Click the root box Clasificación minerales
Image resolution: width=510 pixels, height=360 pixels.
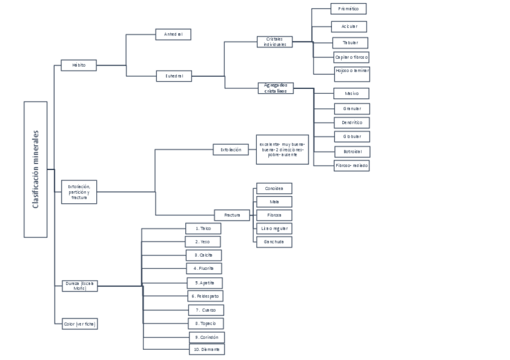pos(35,169)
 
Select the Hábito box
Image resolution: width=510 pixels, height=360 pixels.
pos(79,65)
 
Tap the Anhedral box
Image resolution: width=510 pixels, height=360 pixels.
pos(173,34)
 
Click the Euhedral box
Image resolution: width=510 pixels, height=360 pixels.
pos(174,76)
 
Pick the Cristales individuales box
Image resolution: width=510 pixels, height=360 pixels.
pos(275,41)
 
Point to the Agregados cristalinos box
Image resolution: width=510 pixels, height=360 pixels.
pos(275,88)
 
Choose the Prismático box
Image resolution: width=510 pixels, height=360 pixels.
pos(348,9)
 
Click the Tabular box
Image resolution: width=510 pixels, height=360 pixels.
pos(350,43)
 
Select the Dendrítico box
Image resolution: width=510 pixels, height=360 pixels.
pos(352,122)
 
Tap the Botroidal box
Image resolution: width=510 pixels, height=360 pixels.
pos(352,151)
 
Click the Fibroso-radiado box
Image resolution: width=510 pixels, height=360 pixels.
pos(352,165)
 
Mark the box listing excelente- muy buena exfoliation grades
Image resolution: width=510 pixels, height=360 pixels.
pos(282,149)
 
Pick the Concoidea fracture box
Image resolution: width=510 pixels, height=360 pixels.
pos(274,189)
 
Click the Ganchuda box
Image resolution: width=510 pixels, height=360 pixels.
pos(274,242)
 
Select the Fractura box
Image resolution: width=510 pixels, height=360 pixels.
pos(232,215)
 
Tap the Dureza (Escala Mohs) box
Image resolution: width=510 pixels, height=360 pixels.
pos(79,285)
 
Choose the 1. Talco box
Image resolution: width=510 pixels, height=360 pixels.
pos(203,228)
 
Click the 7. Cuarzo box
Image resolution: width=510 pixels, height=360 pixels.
pos(206,310)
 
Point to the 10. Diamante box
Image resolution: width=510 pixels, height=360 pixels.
pos(206,349)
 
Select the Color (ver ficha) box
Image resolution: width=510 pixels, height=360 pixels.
pos(79,324)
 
